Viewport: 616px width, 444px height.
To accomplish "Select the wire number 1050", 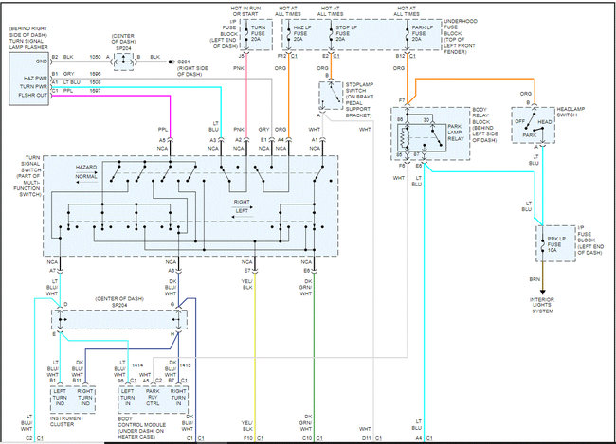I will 96,57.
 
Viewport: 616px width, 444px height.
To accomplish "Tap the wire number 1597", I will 96,92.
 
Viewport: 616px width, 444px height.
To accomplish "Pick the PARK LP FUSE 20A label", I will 422,32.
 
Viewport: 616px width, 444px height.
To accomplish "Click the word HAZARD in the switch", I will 87,166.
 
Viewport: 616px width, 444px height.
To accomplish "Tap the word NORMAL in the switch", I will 87,177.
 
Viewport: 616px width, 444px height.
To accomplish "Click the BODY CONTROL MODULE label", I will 148,422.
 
